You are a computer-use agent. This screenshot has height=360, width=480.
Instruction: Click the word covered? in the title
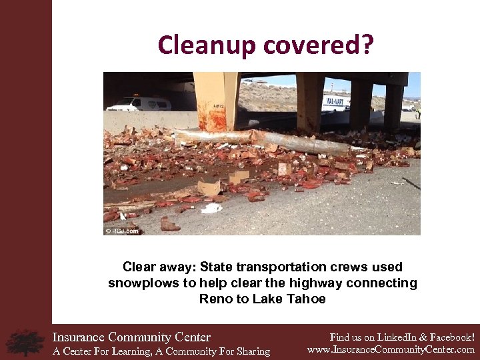click(x=319, y=45)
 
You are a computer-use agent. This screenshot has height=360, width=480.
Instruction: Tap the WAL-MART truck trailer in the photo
click(x=336, y=102)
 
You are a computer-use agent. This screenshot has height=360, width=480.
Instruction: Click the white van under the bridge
click(x=139, y=104)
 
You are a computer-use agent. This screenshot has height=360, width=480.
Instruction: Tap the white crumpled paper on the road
click(x=212, y=208)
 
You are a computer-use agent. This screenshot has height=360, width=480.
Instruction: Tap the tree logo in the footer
click(x=25, y=342)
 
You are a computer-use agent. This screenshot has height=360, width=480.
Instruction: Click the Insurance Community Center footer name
click(x=131, y=337)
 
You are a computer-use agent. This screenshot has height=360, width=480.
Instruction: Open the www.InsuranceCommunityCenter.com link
click(x=391, y=349)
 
